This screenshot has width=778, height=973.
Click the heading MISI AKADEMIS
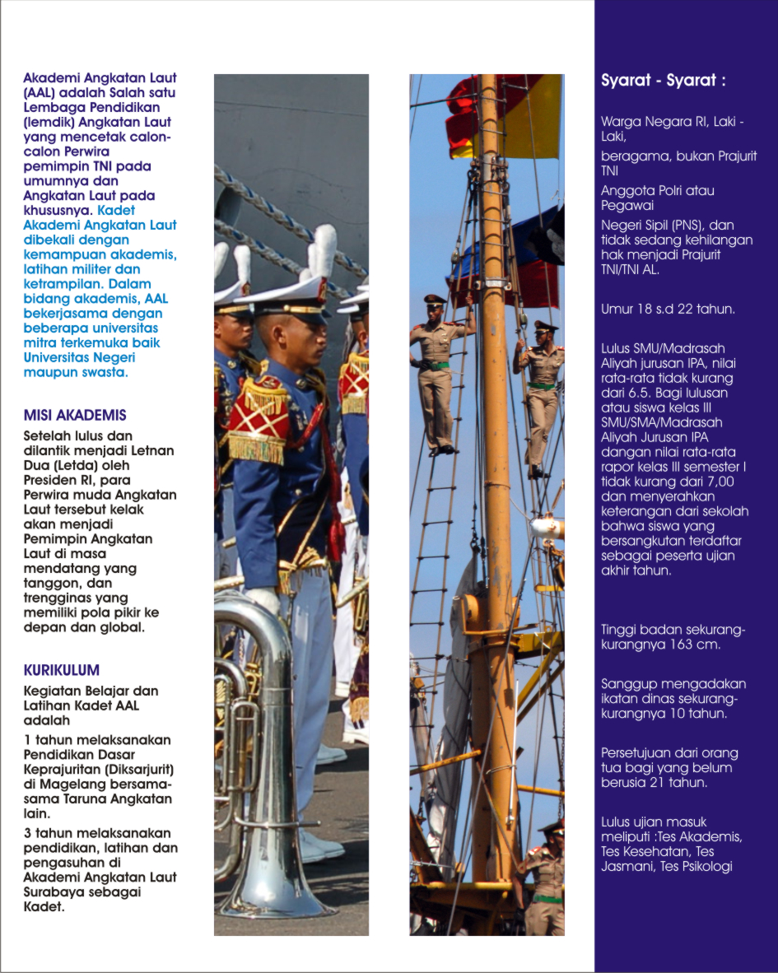[75, 415]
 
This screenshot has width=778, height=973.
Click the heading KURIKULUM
[62, 670]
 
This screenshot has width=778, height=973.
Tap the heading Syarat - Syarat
[664, 81]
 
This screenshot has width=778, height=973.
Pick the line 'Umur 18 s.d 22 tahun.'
[668, 310]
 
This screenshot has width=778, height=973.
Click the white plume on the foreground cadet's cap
[323, 252]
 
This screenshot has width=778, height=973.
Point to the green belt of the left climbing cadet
[439, 365]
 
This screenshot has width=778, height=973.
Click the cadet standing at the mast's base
[543, 881]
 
